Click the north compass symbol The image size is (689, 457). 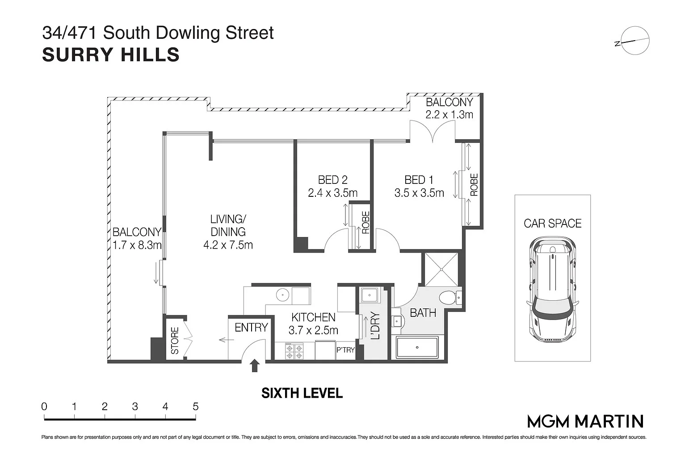pos(634,42)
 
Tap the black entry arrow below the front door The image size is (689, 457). pos(255,366)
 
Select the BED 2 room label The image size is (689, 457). pos(332,180)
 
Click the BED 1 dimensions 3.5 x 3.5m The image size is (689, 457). pos(419,193)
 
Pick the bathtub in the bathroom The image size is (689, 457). pos(417,347)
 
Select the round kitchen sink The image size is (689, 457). pos(282,295)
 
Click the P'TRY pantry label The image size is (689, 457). pos(345,350)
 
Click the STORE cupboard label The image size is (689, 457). pos(175,341)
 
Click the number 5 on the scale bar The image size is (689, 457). pos(195,407)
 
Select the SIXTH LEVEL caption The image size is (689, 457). pos(302,393)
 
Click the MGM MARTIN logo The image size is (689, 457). pos(585,421)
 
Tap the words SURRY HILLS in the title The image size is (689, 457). pos(110,55)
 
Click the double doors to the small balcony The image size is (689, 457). pos(433,133)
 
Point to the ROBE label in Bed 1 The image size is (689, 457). pos(474,185)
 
